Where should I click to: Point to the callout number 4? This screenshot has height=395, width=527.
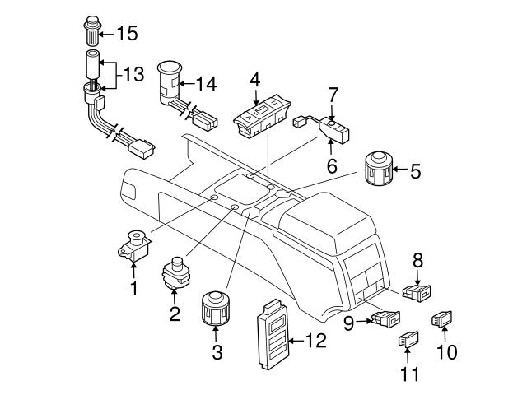[255, 80]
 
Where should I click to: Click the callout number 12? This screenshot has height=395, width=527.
[315, 338]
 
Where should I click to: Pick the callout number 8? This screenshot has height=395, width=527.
[417, 259]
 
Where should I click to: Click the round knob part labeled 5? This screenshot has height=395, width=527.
[380, 170]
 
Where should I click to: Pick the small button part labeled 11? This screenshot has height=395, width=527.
[409, 338]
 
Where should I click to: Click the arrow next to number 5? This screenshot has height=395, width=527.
[399, 171]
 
